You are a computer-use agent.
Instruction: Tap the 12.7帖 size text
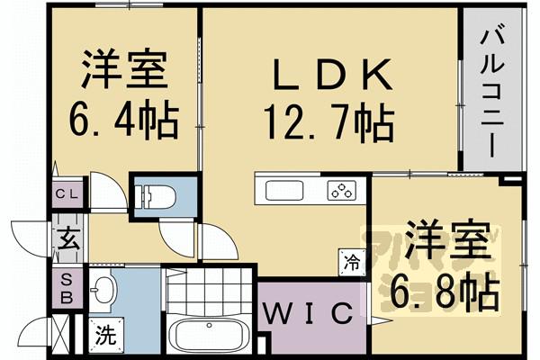coord(328,118)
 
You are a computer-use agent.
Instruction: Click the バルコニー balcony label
coord(492,90)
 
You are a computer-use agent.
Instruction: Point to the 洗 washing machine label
coord(106,339)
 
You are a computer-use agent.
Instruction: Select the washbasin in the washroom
coord(104,290)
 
